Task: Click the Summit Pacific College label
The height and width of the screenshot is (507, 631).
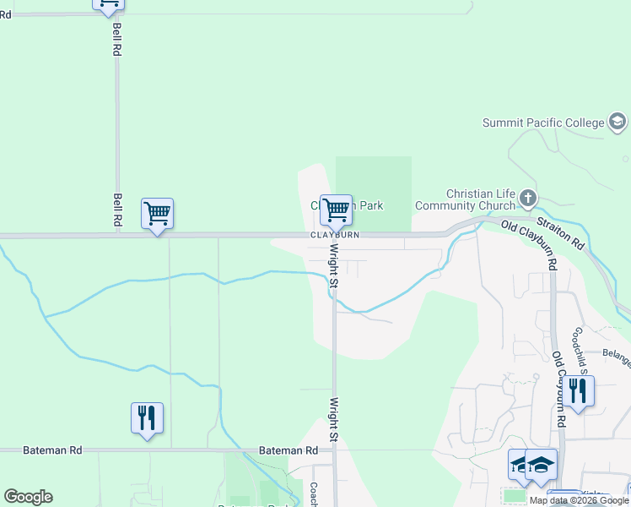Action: [543, 123]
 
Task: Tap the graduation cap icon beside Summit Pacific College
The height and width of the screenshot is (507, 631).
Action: [618, 123]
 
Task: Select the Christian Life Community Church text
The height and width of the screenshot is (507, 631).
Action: [481, 199]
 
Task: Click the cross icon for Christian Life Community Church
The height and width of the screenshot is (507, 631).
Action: [528, 199]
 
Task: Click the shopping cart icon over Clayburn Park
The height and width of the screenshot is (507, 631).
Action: [336, 210]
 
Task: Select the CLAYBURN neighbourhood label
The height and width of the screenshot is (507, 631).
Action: [335, 235]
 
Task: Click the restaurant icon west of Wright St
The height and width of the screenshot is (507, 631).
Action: [147, 417]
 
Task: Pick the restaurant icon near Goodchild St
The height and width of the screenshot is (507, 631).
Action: [578, 390]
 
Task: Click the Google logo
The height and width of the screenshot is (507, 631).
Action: [28, 497]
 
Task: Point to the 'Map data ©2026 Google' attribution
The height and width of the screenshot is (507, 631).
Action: [579, 500]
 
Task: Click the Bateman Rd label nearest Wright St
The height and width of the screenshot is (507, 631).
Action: [289, 450]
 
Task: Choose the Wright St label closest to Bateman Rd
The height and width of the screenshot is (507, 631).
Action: [334, 419]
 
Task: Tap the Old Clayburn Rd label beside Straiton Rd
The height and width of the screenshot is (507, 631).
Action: [530, 229]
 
